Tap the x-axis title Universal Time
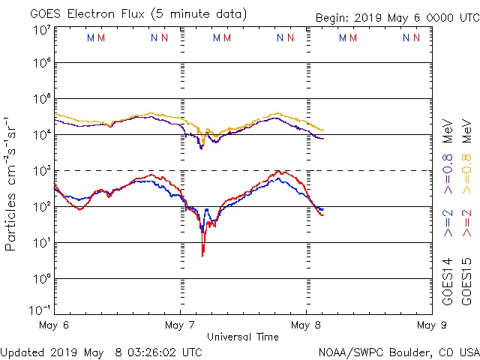click(x=242, y=337)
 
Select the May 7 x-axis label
click(x=180, y=325)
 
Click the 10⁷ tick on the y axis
click(x=41, y=29)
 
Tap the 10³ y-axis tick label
click(x=41, y=171)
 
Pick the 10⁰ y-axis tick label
click(x=41, y=279)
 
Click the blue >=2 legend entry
click(x=448, y=223)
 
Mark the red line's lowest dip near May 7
click(x=202, y=256)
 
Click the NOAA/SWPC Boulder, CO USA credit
click(x=397, y=352)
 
